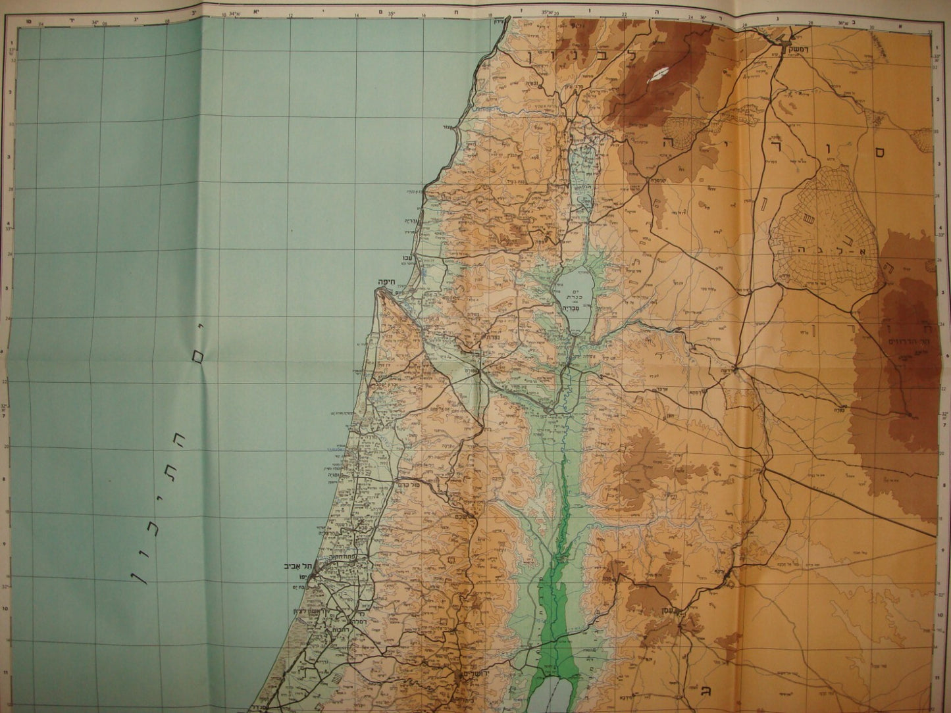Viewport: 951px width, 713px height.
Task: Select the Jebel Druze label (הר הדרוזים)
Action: tap(908, 341)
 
